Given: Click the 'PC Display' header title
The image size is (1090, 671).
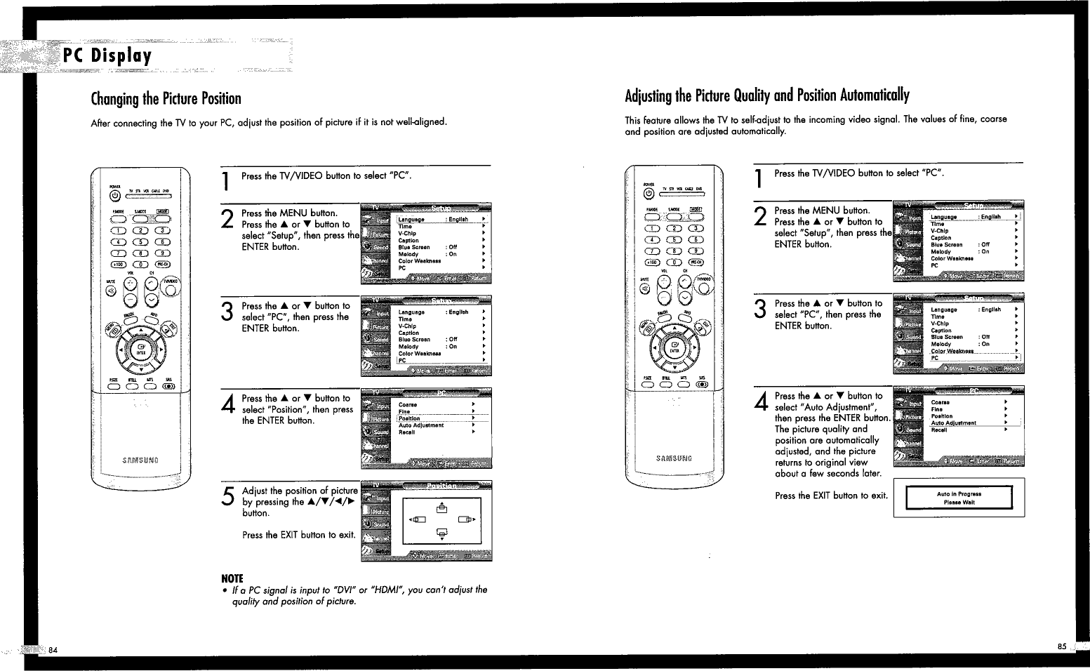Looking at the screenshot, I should point(107,55).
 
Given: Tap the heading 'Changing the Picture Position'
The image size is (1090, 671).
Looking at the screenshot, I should point(166,98).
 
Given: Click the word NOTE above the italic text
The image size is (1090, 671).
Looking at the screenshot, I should point(232,578).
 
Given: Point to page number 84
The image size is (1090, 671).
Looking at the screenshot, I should point(53,649).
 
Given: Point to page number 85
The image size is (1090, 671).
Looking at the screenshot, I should point(1061,646).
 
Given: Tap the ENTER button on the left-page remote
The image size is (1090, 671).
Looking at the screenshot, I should point(140,349).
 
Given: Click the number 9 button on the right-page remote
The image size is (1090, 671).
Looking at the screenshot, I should point(695,251).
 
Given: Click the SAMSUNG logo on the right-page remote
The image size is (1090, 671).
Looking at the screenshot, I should point(674,458).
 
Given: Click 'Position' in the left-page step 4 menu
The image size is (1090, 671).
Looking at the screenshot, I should point(409,418).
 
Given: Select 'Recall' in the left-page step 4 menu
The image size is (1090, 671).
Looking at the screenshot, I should point(407,432).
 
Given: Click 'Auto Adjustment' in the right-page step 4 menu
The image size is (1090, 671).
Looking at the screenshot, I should point(953,423).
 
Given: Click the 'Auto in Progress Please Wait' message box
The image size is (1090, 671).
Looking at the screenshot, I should point(959,498).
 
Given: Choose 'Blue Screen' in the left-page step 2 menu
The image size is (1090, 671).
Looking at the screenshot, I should point(414,247).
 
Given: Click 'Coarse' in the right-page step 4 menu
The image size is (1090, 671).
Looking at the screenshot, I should point(940,402).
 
